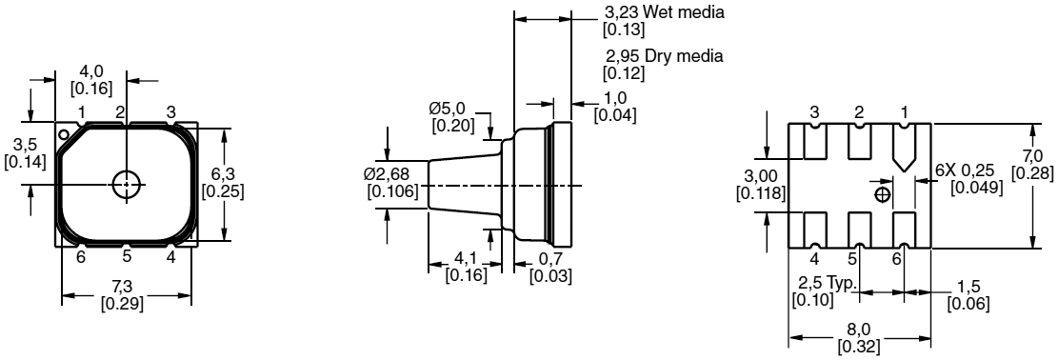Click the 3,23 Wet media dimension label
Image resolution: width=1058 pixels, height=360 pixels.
[665, 12]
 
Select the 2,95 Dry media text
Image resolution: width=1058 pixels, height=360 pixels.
[663, 56]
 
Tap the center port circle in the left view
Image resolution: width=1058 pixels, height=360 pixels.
[126, 184]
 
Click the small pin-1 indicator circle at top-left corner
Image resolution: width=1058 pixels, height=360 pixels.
[64, 135]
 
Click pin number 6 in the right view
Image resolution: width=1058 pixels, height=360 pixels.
[897, 258]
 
